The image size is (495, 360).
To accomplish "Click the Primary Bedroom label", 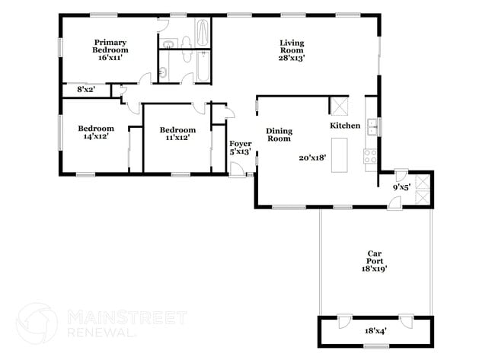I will click(x=110, y=46).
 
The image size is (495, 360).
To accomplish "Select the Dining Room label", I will click(x=279, y=135).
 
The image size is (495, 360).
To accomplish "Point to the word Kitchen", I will click(x=344, y=126).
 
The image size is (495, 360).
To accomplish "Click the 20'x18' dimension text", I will click(x=312, y=158).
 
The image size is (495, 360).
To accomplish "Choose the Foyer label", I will click(x=240, y=142).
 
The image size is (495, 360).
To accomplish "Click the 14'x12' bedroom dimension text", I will click(x=96, y=138).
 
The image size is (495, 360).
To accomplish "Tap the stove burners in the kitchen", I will click(x=371, y=157).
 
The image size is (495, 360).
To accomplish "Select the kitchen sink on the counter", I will click(x=372, y=126).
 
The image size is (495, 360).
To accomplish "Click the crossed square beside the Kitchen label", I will click(x=338, y=105).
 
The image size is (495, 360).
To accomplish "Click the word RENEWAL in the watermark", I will click(x=102, y=333).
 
